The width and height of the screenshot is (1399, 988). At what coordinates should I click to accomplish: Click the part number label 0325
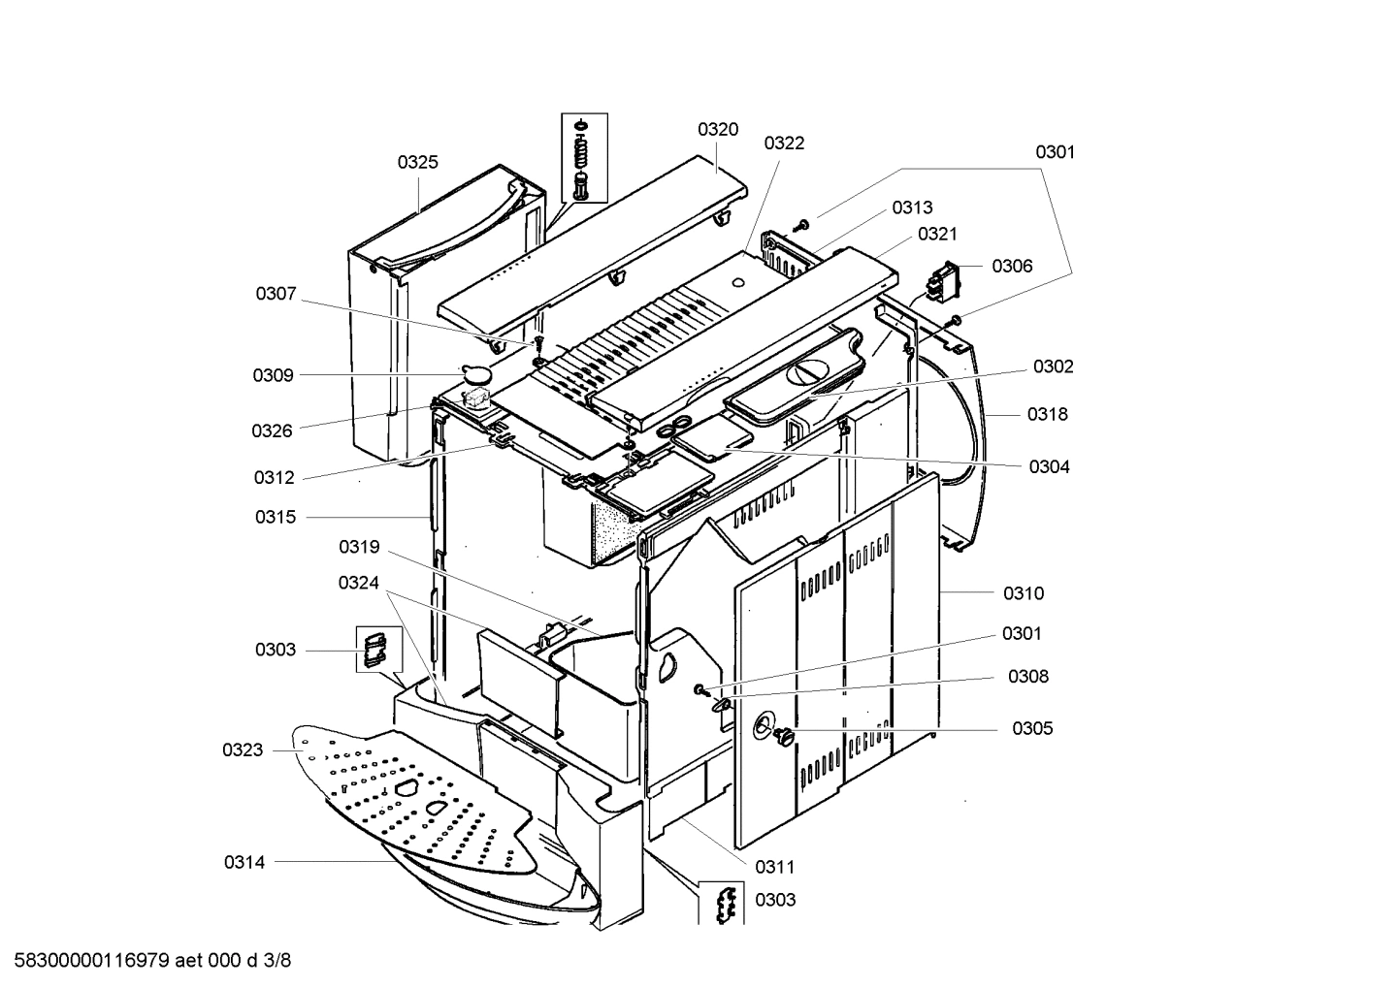point(417,162)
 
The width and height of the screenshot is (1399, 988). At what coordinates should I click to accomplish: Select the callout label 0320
point(717,129)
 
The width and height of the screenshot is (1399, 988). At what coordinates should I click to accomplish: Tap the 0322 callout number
point(784,143)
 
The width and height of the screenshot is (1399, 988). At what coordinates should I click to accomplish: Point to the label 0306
point(1012,266)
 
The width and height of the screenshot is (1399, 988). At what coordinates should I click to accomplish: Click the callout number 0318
point(1047,414)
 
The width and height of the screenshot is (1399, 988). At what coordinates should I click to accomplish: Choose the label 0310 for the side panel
point(1024,592)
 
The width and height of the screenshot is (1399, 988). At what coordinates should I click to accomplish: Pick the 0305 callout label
point(1031,728)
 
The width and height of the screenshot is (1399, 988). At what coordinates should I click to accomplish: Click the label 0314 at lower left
point(244,861)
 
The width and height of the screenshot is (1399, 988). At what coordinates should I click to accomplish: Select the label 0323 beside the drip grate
point(243,749)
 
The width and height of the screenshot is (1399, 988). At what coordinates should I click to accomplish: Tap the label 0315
point(276,517)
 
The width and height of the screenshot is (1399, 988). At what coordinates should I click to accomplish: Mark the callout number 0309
point(273,375)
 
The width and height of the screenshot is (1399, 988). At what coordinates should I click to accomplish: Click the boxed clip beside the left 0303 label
point(374,649)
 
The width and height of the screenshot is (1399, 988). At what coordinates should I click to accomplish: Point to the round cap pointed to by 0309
point(476,371)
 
